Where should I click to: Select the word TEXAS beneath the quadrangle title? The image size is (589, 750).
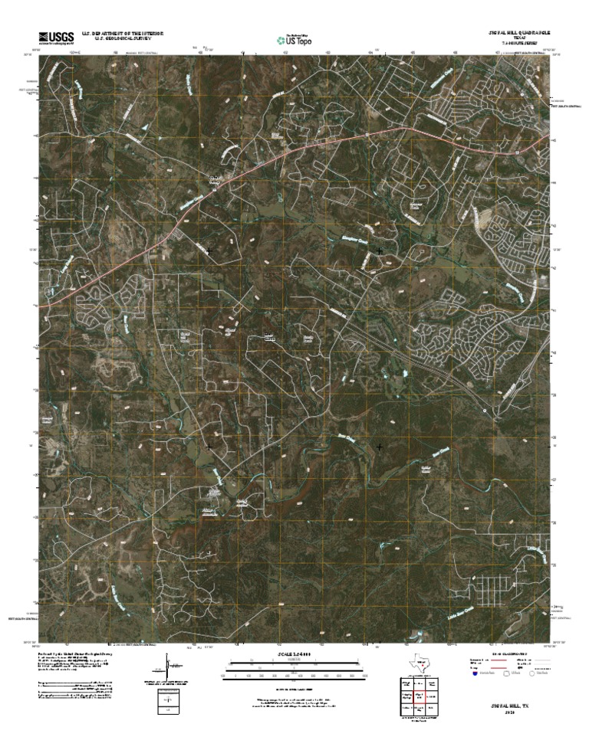coord(519,38)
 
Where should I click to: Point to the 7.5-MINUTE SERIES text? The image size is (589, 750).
coord(519,44)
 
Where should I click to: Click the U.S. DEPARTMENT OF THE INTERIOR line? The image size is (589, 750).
coord(123,33)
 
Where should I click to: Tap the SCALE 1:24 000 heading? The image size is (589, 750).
coord(294,655)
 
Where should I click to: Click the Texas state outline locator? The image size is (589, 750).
coord(421,663)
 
